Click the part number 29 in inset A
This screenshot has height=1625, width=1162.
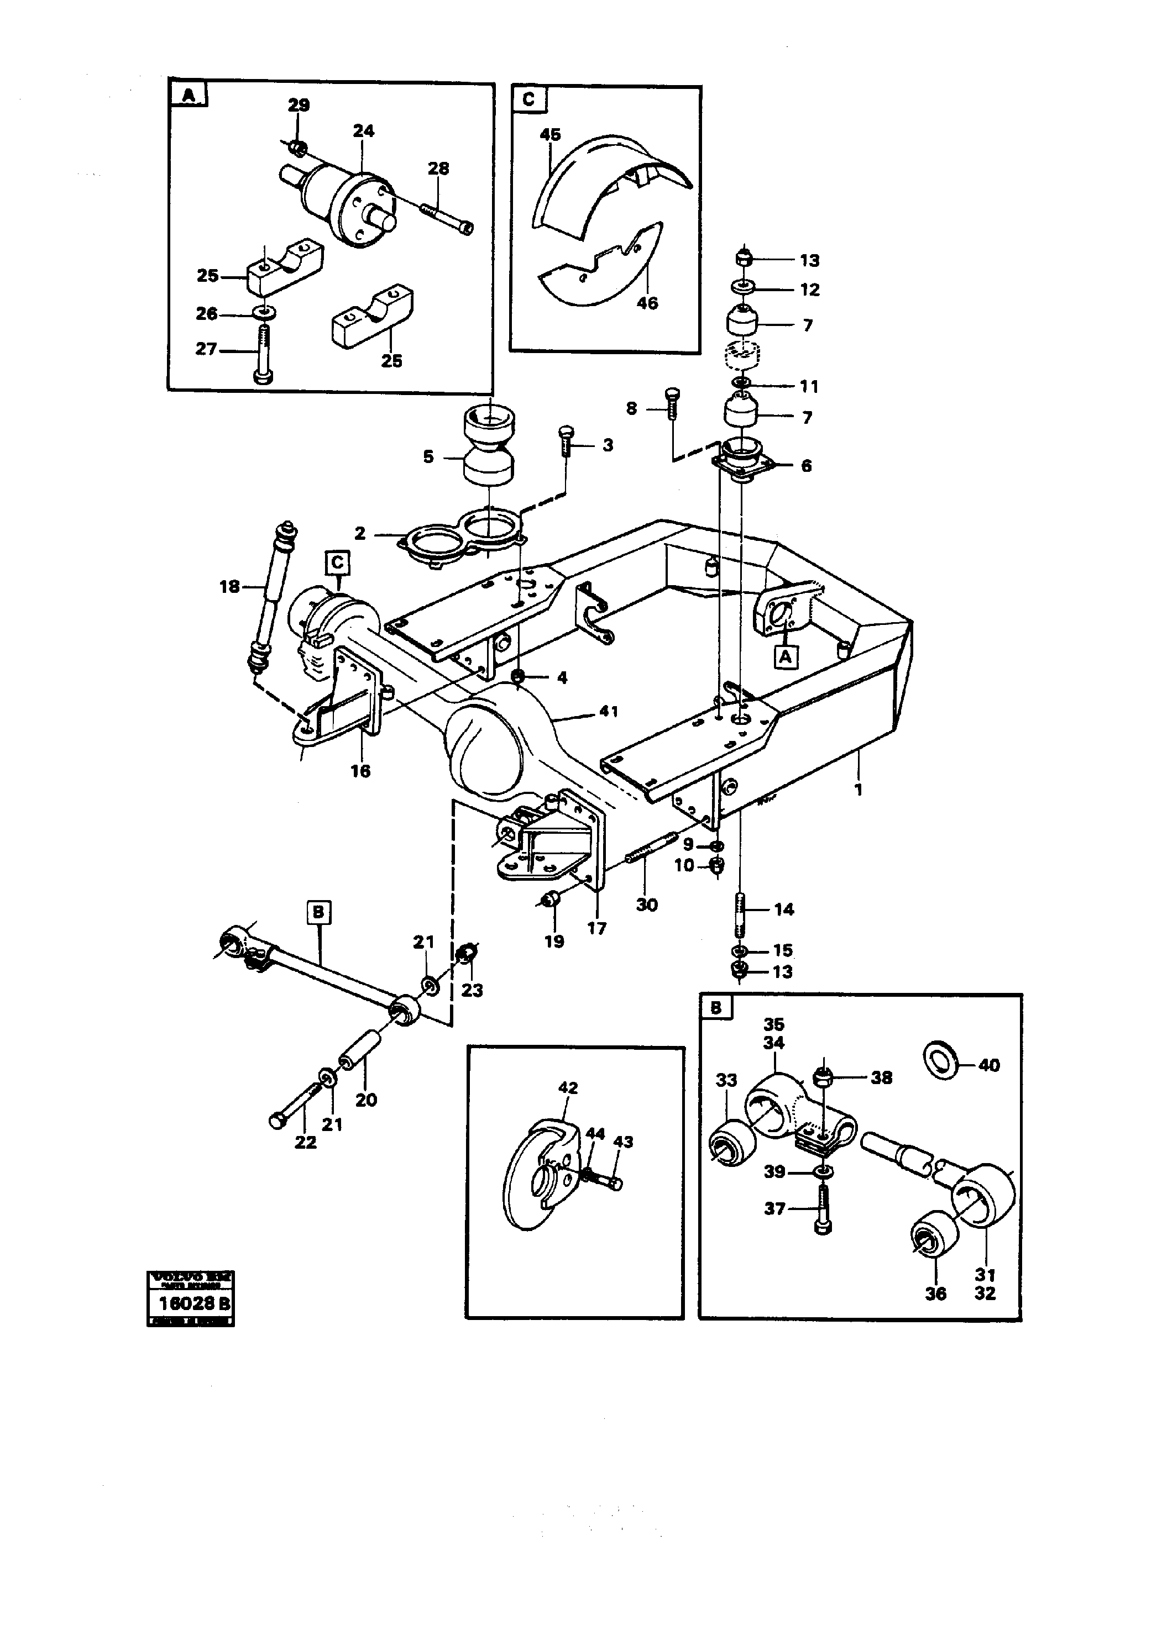[x=299, y=105]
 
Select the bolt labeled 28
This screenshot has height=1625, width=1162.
[x=445, y=216]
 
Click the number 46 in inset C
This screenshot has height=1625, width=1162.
[x=647, y=303]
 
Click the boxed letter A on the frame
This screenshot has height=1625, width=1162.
[x=786, y=655]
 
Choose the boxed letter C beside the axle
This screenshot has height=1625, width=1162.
[x=337, y=563]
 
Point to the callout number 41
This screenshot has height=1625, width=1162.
[x=608, y=711]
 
